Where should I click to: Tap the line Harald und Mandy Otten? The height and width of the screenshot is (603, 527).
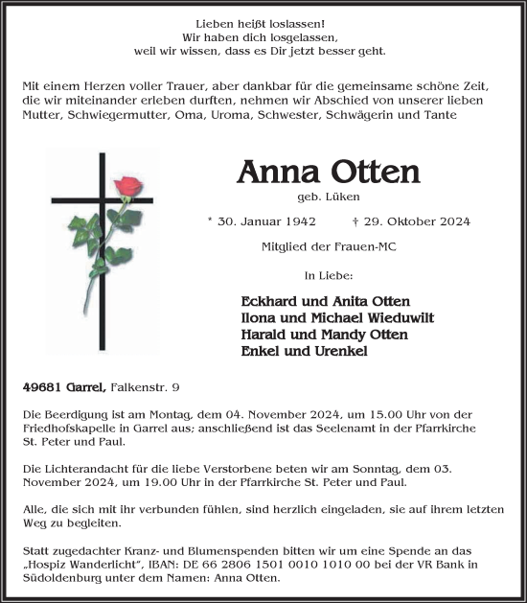pyautogui.click(x=324, y=334)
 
